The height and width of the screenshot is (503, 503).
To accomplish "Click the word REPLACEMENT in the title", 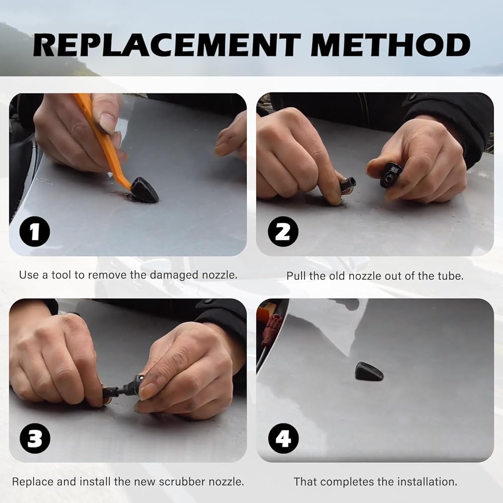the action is [x=167, y=45].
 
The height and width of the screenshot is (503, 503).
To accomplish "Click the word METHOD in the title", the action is [x=390, y=45].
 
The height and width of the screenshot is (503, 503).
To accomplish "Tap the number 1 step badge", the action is [x=35, y=231].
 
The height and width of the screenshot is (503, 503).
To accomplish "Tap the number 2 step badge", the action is [x=283, y=231].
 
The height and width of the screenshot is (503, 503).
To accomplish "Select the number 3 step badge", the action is [x=35, y=438].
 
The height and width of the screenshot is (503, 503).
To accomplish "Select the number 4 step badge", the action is [x=283, y=438].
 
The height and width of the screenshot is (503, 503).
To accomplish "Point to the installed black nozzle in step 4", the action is [x=369, y=372].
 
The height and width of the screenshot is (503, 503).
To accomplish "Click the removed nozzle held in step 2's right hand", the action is [x=390, y=174].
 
